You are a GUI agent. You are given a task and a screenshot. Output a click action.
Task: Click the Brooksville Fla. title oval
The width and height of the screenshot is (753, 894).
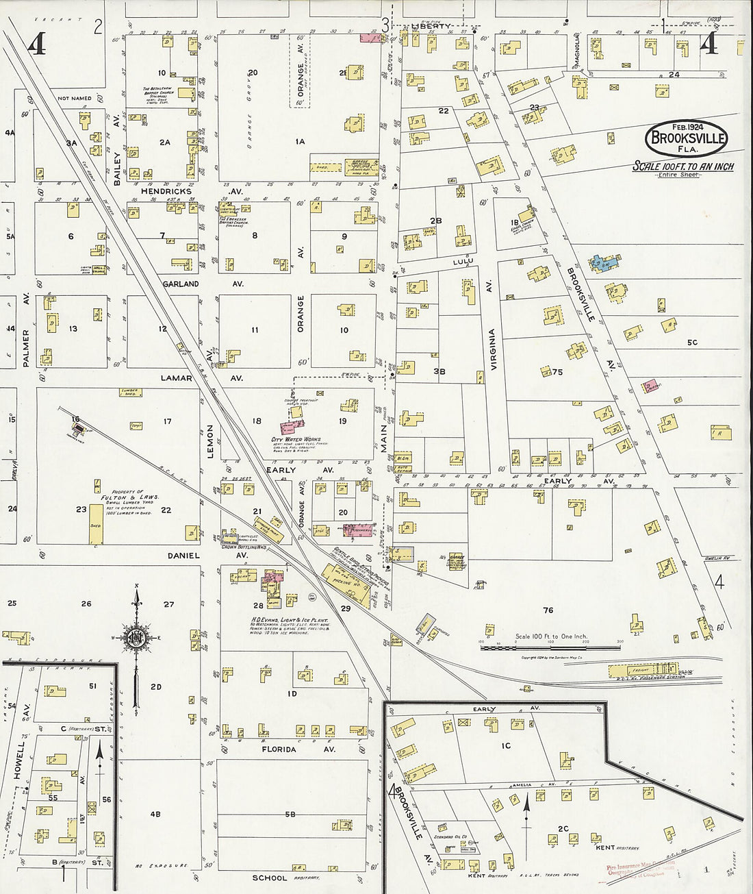(x=686, y=138)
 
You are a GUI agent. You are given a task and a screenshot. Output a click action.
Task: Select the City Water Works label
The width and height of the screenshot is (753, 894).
(x=296, y=440)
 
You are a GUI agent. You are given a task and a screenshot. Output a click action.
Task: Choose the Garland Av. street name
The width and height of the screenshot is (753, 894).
(x=181, y=284)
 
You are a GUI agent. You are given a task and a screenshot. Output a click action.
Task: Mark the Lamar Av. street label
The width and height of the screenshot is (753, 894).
(x=177, y=378)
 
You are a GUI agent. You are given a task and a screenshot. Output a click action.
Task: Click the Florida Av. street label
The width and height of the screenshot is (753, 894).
(x=281, y=749)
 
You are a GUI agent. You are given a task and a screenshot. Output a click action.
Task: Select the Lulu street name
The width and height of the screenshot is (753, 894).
(x=463, y=261)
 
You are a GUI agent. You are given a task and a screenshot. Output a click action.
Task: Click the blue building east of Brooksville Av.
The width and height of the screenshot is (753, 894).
(x=603, y=263)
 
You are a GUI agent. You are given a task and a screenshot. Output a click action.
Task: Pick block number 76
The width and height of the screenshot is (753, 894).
(x=548, y=610)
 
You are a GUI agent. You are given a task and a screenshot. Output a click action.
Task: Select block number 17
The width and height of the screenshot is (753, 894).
(x=167, y=421)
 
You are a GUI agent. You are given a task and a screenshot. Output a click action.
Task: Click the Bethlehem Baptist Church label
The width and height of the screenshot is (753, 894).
(x=158, y=93)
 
